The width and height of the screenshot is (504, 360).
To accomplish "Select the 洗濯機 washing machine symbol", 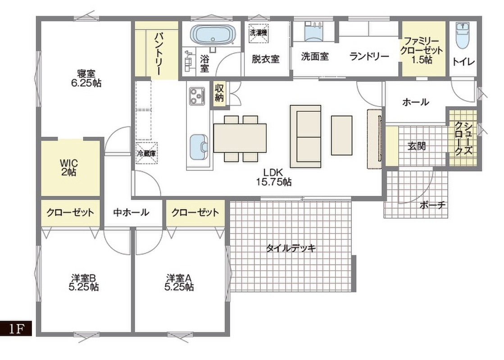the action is [x=258, y=32].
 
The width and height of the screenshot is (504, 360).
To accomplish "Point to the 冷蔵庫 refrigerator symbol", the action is [x=146, y=153].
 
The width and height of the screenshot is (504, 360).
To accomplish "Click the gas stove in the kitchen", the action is [x=197, y=96].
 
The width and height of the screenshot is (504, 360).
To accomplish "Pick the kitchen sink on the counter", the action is [x=198, y=147].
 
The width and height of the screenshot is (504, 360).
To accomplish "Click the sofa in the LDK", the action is [x=305, y=136].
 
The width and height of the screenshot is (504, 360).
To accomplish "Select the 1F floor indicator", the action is [x=16, y=328].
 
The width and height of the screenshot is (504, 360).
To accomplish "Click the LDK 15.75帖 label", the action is [x=274, y=177].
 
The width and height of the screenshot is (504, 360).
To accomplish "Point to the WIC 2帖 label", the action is [x=69, y=167].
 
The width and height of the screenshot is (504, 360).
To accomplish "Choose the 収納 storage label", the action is [x=219, y=93].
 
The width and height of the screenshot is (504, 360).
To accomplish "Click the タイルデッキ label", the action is [x=291, y=248].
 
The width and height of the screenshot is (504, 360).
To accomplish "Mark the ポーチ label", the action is [x=433, y=205].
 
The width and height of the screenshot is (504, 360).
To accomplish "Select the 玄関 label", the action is [x=417, y=146].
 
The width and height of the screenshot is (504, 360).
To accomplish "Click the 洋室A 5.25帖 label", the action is [x=179, y=282].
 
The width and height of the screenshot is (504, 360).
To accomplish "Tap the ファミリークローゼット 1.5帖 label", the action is [x=422, y=50].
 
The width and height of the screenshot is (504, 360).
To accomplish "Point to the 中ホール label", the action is [x=131, y=212].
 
